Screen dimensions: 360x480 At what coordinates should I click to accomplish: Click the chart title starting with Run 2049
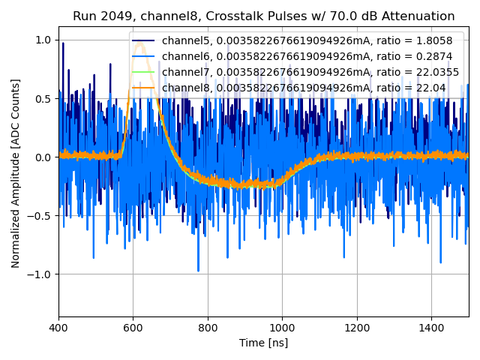[263, 16]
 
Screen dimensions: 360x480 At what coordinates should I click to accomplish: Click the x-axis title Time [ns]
[263, 343]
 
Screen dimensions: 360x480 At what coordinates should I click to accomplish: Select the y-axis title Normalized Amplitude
[16, 173]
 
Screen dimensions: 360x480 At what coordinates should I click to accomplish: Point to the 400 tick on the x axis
[59, 327]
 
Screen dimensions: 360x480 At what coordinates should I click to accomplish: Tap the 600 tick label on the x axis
[133, 327]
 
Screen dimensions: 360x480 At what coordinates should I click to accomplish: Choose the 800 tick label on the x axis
[208, 327]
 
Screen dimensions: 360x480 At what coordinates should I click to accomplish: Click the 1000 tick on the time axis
[282, 327]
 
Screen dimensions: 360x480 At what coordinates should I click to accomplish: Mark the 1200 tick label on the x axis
[357, 327]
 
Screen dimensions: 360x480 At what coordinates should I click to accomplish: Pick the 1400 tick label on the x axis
[431, 327]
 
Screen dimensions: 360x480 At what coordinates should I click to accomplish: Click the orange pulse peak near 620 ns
[140, 43]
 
